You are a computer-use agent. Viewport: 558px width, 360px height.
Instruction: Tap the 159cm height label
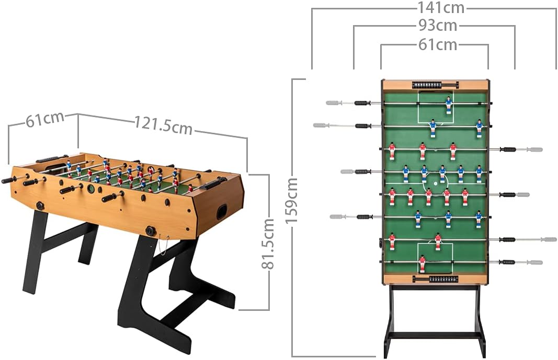pyautogui.click(x=292, y=201)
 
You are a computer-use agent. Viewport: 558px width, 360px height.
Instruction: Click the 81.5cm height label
pyautogui.click(x=268, y=244)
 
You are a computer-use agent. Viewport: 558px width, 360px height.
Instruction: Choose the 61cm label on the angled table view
pyautogui.click(x=45, y=120)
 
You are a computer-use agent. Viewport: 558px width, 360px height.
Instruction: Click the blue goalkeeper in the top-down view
pyautogui.click(x=448, y=104)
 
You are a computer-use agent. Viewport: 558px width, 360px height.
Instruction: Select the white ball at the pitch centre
pyautogui.click(x=436, y=183)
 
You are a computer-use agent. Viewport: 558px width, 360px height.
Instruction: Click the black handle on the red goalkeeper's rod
pyautogui.click(x=507, y=262)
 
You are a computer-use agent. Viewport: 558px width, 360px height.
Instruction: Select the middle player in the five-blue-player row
pyautogui.click(x=442, y=173)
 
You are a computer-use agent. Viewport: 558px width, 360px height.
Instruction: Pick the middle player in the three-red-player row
pyautogui.click(x=422, y=150)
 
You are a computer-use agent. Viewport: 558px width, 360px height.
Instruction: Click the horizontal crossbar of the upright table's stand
pyautogui.click(x=435, y=335)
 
